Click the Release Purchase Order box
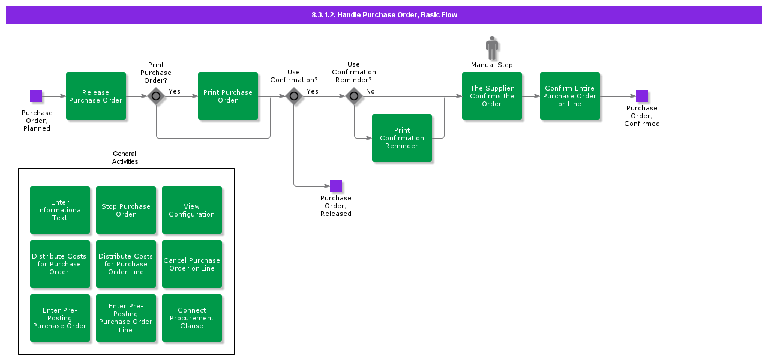click(96, 96)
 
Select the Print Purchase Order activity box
click(228, 96)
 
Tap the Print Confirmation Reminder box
click(402, 138)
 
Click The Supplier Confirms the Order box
click(492, 96)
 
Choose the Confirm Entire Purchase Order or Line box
click(570, 96)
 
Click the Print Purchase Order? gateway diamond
click(156, 96)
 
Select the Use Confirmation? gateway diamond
click(294, 96)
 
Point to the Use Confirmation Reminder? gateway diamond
click(354, 96)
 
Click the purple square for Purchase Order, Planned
click(36, 96)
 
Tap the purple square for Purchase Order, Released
click(336, 186)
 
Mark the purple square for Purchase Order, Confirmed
click(642, 96)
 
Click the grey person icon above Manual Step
click(492, 48)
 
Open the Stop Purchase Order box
click(126, 210)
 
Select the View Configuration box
click(192, 210)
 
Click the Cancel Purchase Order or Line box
click(192, 264)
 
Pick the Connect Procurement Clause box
click(192, 318)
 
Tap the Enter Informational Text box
click(60, 210)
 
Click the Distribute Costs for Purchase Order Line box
click(126, 264)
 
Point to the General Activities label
click(125, 158)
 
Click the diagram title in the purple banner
click(384, 15)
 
